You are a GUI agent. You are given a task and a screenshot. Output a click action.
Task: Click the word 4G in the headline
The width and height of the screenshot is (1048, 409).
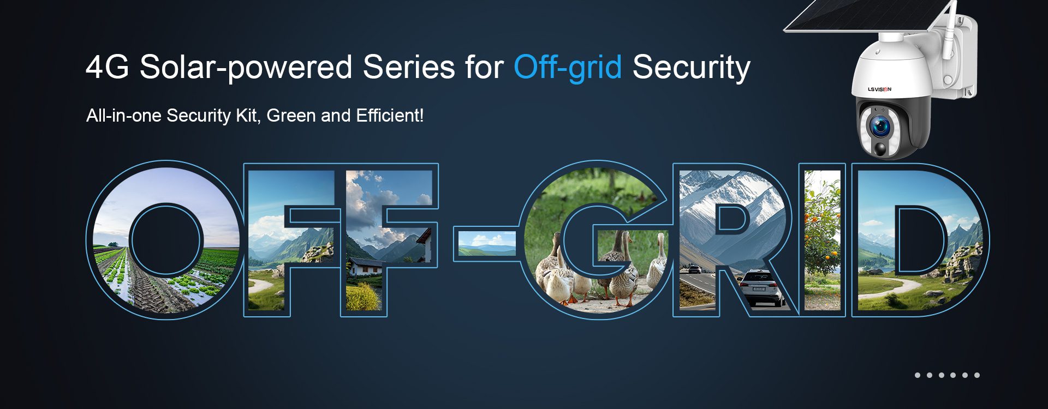tap(107, 67)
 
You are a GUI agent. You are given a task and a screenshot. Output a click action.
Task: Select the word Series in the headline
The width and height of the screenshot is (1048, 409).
tap(409, 67)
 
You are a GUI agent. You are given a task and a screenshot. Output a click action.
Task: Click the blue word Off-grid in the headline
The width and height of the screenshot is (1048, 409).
tap(568, 68)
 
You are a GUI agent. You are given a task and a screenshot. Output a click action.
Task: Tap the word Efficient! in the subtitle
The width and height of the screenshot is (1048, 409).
tap(390, 116)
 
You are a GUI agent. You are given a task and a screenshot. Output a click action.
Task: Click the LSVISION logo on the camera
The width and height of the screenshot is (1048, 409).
tap(880, 89)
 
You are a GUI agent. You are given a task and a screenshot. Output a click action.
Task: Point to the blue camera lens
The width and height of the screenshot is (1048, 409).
tap(880, 128)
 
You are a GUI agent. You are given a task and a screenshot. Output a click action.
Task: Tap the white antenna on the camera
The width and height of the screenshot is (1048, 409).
tap(950, 30)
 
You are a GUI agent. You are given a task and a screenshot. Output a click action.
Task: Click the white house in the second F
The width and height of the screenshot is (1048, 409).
tap(367, 266)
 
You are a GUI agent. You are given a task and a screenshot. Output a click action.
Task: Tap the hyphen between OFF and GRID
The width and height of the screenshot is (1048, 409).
tap(485, 244)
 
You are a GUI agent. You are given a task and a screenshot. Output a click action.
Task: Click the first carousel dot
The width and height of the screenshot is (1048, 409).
tap(918, 375)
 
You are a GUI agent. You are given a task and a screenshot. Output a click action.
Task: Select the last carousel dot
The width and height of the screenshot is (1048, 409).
tap(976, 375)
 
